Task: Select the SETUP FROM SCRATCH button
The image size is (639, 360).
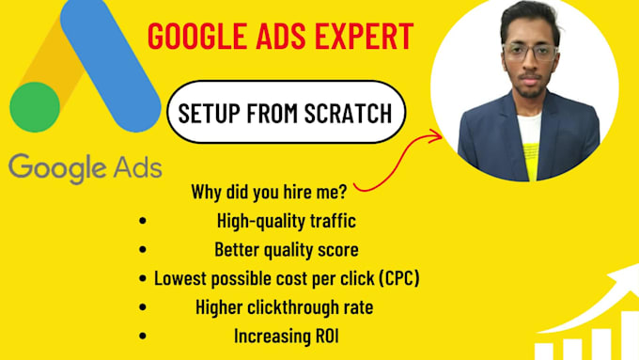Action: pos(288,115)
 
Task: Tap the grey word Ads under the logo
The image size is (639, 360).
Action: pos(136,166)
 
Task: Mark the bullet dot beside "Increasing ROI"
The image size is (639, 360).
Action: pos(142,334)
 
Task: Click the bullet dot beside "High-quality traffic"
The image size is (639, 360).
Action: pos(142,222)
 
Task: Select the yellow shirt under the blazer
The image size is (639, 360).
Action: pos(530,150)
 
